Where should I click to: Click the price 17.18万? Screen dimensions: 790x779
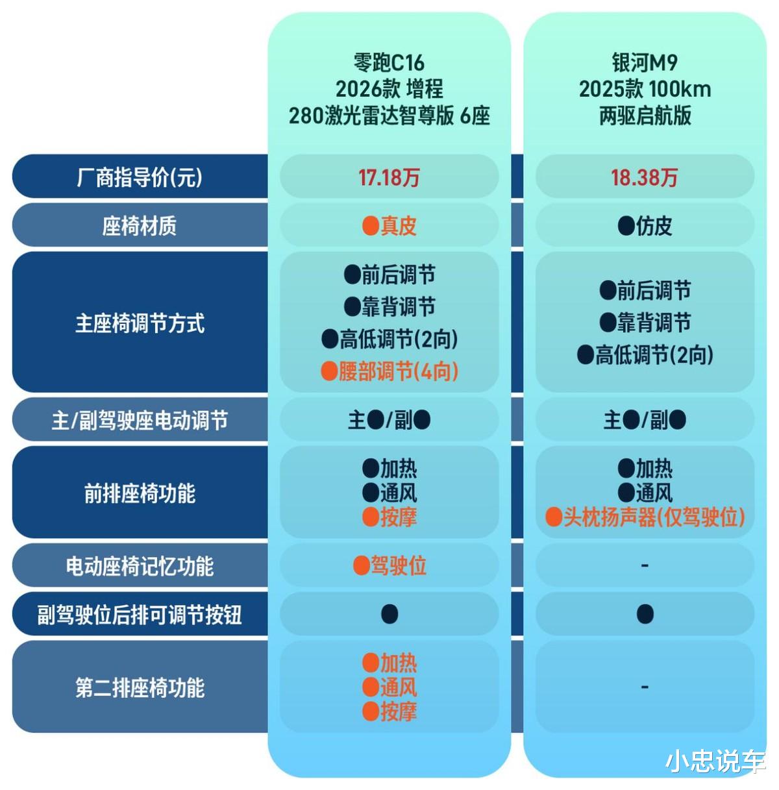point(389,177)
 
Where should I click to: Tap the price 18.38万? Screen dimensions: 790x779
point(644,177)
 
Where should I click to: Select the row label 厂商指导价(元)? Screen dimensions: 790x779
point(140,177)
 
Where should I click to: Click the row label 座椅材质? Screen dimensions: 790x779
point(140,226)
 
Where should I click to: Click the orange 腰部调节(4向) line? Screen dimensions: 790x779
point(390,371)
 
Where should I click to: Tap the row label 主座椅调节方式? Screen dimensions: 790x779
point(140,323)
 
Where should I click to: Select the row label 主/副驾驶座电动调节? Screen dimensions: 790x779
point(140,421)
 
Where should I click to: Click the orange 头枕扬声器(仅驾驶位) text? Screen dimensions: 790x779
point(645,517)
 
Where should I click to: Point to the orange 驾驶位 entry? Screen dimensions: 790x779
point(390,566)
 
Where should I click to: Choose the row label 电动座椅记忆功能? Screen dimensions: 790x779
point(140,566)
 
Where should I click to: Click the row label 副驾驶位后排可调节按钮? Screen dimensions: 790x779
point(140,614)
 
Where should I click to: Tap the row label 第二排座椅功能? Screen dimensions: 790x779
point(140,687)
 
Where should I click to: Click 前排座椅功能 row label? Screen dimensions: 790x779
point(140,493)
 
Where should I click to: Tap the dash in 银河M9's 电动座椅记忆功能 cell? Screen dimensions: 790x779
point(645,566)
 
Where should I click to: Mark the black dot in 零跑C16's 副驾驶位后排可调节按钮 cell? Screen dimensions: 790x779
point(389,614)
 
